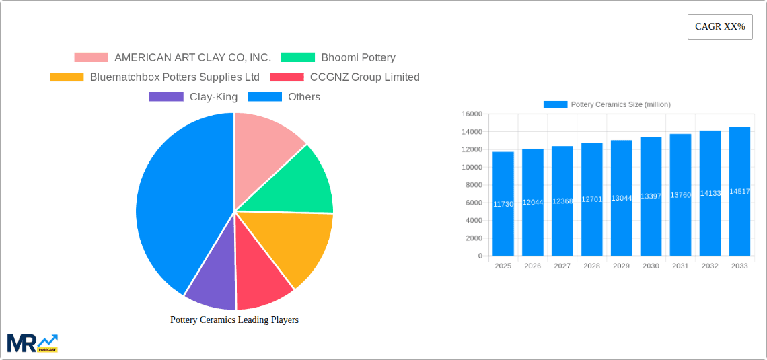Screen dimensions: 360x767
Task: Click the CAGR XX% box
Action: click(x=719, y=27)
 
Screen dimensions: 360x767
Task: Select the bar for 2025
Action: click(x=503, y=204)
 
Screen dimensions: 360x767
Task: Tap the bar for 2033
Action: click(x=739, y=192)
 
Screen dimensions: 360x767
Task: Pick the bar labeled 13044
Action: click(x=621, y=198)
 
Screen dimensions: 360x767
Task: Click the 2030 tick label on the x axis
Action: click(x=651, y=266)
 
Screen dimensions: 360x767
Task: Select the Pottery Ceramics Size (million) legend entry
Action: click(x=607, y=104)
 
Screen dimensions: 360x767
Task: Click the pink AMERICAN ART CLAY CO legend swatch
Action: click(x=91, y=58)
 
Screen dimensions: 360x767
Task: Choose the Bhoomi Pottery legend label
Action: click(x=358, y=58)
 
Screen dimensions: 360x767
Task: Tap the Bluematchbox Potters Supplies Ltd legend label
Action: click(x=174, y=77)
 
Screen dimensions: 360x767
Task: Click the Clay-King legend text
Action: click(x=213, y=97)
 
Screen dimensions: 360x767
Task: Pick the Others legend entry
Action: click(x=303, y=97)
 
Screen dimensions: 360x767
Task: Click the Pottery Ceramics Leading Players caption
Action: click(x=234, y=320)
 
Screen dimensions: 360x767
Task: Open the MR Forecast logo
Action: click(x=32, y=343)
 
